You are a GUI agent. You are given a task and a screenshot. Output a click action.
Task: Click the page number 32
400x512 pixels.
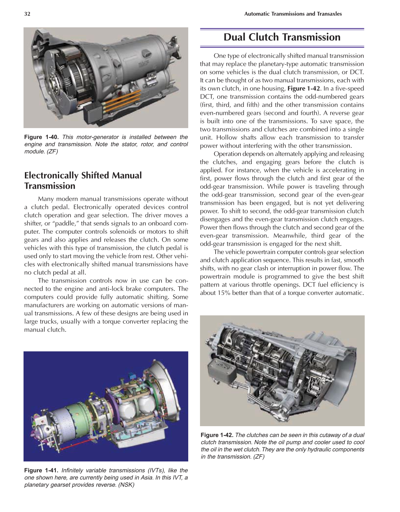tap(27, 14)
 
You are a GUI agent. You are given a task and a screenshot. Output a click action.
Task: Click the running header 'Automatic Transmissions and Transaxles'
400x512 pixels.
tap(293, 14)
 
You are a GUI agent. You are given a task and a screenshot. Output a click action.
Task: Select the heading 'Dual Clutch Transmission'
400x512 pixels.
tap(282, 37)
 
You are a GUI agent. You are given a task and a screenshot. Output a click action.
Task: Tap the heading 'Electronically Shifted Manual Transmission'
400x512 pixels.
tap(83, 180)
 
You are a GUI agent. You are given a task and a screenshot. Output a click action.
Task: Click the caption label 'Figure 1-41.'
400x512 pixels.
tap(42, 470)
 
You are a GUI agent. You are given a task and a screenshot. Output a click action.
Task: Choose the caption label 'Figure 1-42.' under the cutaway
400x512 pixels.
tap(217, 435)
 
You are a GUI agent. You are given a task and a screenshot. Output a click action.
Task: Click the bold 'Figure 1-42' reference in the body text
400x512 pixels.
tap(303, 89)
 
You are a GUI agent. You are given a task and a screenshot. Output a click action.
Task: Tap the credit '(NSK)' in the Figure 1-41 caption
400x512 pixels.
tap(126, 485)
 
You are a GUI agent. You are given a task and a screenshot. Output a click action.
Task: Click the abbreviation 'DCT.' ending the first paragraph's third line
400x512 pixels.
tap(356, 72)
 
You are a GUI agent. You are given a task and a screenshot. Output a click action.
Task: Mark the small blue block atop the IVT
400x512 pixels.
tap(131, 376)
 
